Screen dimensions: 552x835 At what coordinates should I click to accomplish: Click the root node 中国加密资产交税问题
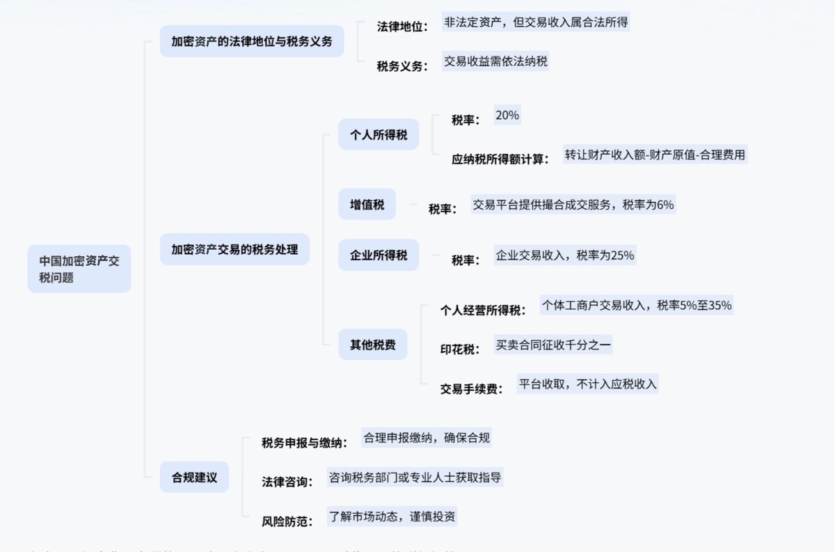[79, 269]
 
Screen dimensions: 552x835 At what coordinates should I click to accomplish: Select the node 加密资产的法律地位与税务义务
[252, 41]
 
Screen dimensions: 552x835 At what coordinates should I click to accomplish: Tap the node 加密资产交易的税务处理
[234, 249]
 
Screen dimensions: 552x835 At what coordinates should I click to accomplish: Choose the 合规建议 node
[194, 478]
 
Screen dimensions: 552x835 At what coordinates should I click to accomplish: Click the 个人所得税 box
[379, 134]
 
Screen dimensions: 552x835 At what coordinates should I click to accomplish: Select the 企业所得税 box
[379, 255]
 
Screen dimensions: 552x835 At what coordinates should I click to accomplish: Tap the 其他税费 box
[372, 344]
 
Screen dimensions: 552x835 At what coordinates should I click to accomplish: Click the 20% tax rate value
[507, 116]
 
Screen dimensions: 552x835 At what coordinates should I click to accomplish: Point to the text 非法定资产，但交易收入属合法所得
[536, 22]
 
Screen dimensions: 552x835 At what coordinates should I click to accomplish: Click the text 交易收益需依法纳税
[495, 61]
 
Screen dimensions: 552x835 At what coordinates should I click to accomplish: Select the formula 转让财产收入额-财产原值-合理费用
[655, 155]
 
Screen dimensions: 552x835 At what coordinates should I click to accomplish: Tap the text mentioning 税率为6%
[573, 205]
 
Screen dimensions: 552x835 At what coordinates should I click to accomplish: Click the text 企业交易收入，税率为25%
[564, 255]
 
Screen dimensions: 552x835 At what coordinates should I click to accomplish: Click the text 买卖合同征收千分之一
[553, 345]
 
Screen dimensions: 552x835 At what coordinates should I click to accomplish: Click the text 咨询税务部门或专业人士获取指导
[415, 478]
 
